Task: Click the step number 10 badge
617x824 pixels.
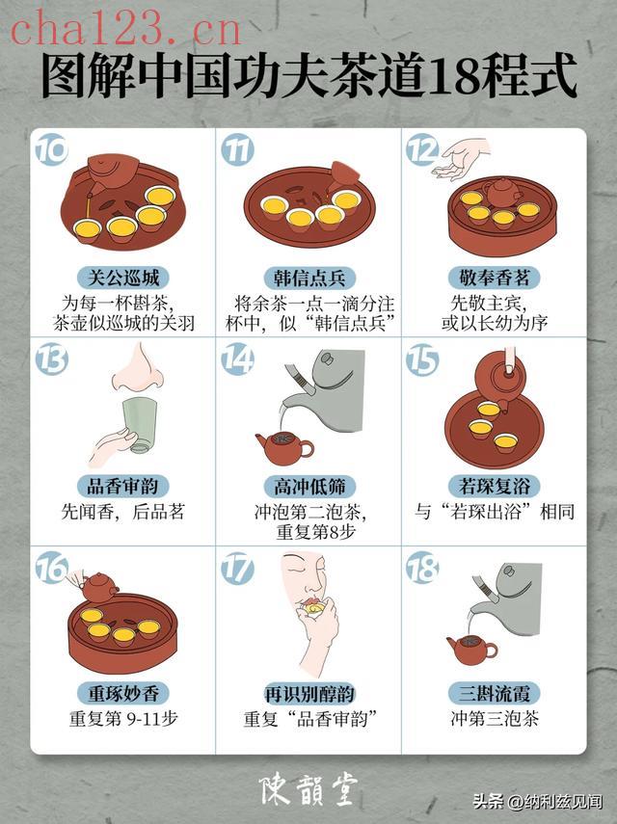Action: click(51, 149)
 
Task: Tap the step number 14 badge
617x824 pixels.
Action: click(237, 359)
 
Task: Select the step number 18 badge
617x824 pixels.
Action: click(422, 568)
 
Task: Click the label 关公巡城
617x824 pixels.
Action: click(123, 278)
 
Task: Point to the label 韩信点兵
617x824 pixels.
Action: click(309, 278)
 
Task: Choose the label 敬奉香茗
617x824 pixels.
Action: click(494, 278)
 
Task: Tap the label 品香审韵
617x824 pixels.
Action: click(123, 486)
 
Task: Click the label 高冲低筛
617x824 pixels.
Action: click(309, 486)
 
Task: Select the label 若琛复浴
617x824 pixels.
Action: click(494, 486)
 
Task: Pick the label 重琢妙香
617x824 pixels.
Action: click(123, 694)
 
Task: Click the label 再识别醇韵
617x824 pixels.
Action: click(309, 694)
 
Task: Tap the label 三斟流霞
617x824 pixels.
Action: click(494, 694)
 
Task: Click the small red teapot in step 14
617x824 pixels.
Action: click(284, 447)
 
